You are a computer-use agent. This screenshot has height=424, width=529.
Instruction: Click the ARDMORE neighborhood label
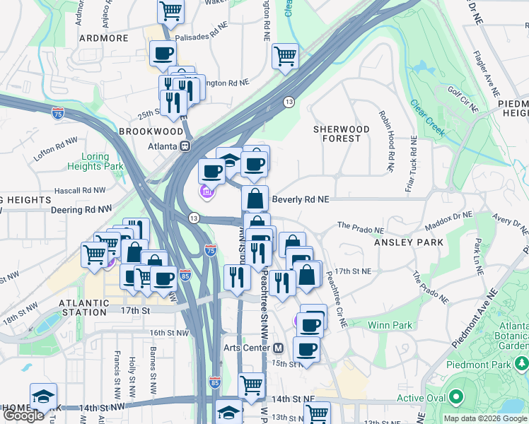click(103, 38)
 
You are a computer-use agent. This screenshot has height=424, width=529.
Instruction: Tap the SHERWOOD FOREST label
click(342, 134)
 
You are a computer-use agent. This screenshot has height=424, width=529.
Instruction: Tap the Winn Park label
click(390, 325)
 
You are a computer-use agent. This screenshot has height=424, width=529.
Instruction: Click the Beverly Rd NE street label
click(300, 200)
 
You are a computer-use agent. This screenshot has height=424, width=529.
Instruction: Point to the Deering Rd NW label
click(81, 210)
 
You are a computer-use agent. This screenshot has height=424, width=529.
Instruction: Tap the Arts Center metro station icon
click(279, 348)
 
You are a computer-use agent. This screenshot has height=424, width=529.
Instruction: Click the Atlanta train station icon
click(186, 146)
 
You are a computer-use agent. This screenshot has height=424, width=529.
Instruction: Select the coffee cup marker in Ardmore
click(163, 53)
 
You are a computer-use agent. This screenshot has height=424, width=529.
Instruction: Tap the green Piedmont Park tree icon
click(522, 363)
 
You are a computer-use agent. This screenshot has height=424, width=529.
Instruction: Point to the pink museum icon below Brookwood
click(206, 192)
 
